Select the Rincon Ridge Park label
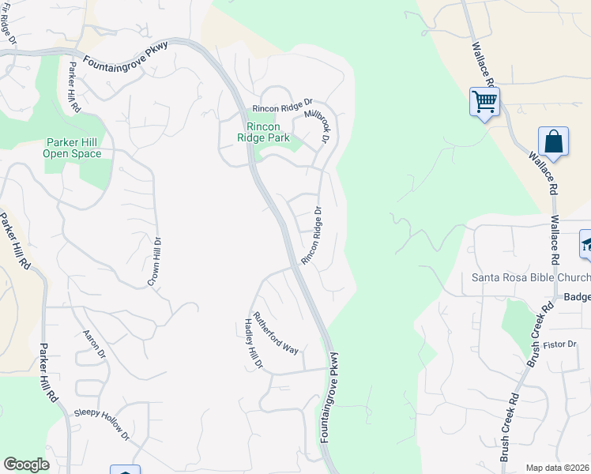[x=264, y=132]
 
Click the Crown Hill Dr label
[x=155, y=261]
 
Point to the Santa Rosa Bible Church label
[x=530, y=277]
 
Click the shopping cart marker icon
[x=484, y=102]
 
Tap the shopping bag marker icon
[x=554, y=142]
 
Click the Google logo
[x=26, y=465]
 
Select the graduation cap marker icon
[x=586, y=244]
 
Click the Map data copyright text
[x=558, y=468]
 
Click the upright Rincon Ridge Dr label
[x=312, y=236]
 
